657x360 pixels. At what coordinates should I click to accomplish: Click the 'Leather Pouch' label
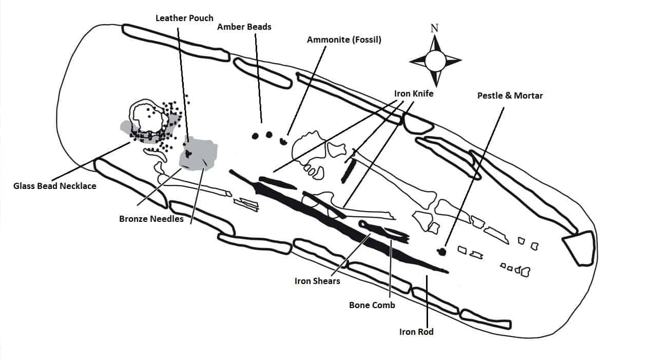184,18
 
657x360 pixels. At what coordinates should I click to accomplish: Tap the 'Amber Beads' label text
244,27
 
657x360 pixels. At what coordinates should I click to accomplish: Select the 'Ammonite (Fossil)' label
344,40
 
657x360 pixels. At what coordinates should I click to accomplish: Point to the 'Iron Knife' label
414,93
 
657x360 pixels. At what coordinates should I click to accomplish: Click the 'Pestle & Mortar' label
510,96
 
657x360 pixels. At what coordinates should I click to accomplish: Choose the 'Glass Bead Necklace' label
55,186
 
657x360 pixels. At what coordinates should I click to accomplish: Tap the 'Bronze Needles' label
151,219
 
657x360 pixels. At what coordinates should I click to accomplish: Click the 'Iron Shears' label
317,281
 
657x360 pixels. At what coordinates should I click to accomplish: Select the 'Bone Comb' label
372,305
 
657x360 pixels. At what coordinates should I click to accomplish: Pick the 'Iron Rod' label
416,332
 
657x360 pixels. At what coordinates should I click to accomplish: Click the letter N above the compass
434,28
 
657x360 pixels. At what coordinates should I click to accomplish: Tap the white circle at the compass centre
435,61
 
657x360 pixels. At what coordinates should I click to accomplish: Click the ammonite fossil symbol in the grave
282,140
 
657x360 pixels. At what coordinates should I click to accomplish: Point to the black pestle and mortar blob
440,251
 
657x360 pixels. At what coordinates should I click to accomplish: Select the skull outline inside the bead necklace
148,117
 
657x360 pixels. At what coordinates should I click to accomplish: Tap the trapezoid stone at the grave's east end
580,247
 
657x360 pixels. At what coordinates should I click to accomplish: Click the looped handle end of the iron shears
364,223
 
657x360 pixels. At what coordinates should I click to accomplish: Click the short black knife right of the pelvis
348,170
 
